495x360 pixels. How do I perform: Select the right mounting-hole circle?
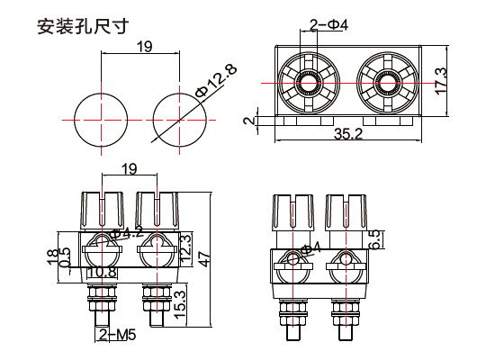(181, 120)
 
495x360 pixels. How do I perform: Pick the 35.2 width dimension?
(346, 134)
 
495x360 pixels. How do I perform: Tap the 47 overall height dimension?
(204, 258)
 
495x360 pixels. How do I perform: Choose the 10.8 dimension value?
(101, 272)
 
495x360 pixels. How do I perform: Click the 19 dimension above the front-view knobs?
(128, 168)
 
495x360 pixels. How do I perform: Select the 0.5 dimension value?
(65, 268)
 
